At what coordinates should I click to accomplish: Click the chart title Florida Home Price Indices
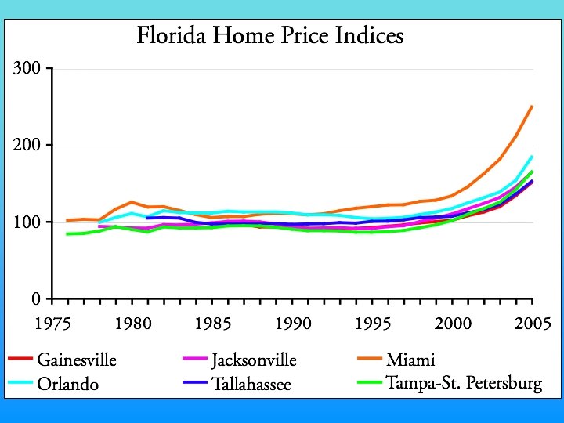269,36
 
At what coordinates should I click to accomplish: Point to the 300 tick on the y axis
27,69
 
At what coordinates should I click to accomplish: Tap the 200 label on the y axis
27,146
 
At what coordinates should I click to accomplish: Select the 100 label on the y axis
27,222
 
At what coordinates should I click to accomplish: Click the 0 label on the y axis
36,299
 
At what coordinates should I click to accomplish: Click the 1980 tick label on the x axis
132,324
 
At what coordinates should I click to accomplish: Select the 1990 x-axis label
292,324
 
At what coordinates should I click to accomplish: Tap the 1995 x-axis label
372,324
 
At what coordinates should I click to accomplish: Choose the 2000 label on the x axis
453,324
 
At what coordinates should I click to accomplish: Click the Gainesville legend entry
76,360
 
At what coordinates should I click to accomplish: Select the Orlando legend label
68,384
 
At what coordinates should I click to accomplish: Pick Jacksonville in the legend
254,360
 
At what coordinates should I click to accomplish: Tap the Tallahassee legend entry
251,384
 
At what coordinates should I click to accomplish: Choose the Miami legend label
410,360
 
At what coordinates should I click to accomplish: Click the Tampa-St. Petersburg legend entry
464,384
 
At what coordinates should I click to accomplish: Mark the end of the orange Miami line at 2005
533,106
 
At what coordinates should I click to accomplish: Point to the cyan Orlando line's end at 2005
533,156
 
